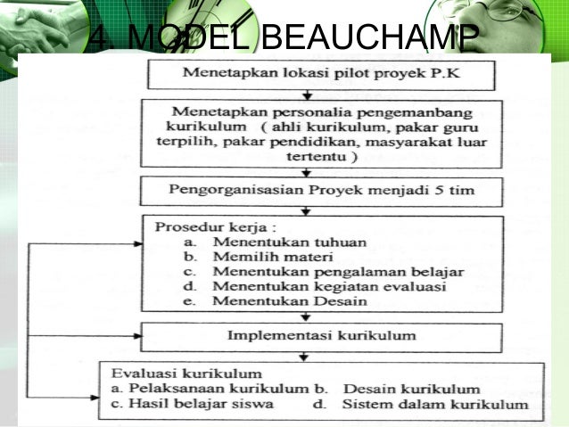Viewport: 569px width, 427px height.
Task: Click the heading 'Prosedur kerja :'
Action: [198, 226]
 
